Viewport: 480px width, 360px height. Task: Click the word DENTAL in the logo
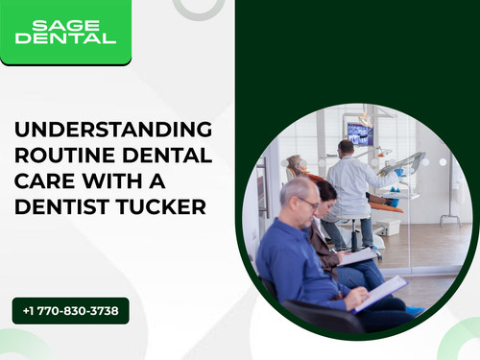pos(65,38)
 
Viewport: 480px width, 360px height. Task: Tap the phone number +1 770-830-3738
pos(70,310)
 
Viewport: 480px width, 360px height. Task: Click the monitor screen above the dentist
pos(359,134)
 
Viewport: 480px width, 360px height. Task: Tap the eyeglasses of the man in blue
pos(308,203)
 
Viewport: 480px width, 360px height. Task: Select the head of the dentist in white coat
pos(345,149)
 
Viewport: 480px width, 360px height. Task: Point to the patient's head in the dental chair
pos(297,163)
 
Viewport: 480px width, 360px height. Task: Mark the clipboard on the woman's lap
pos(357,256)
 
